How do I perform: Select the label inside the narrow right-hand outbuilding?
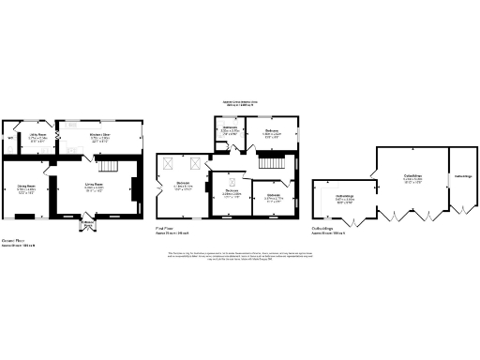463,175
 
